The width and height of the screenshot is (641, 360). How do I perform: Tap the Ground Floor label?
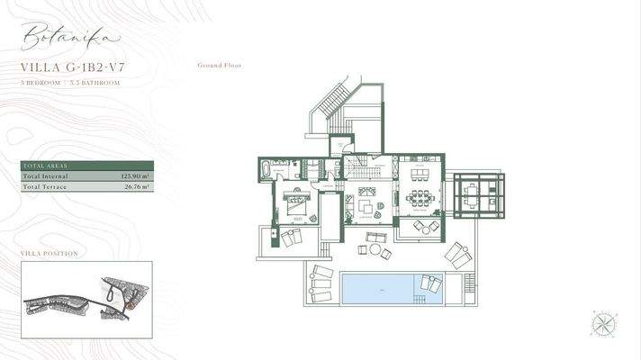coord(219,66)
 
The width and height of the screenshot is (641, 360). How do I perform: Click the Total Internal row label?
coord(44,177)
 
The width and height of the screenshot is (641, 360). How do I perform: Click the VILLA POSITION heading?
coord(49,254)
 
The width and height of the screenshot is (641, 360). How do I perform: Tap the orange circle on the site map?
coord(131,305)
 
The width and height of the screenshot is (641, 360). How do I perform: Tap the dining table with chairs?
coord(419,196)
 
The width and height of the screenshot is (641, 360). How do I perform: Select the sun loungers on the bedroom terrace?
coord(291,238)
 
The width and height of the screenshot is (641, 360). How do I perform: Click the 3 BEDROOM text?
coord(40,82)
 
